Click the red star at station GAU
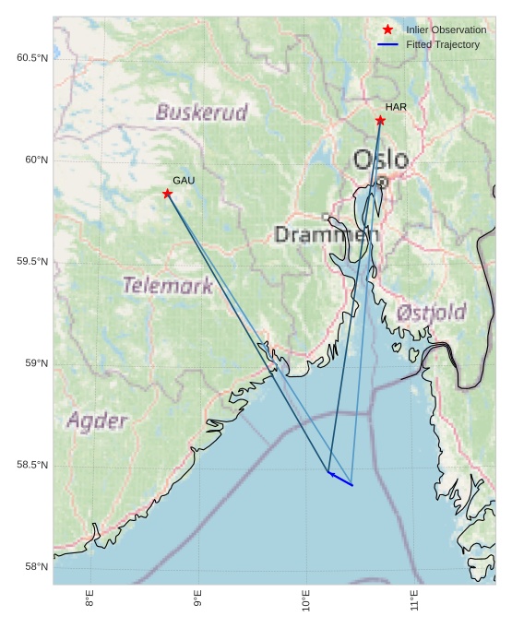click(x=167, y=194)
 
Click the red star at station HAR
click(x=380, y=121)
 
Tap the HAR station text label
click(x=396, y=108)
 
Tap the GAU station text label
click(x=184, y=181)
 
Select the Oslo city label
click(x=380, y=160)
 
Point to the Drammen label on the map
click(x=326, y=234)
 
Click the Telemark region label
click(x=168, y=286)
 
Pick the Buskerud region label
click(x=201, y=113)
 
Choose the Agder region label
click(x=97, y=421)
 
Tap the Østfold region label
click(x=431, y=313)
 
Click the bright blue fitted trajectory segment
click(x=340, y=479)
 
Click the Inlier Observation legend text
click(x=446, y=30)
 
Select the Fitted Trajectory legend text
click(x=443, y=44)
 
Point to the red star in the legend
click(x=387, y=30)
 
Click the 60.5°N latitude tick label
click(x=31, y=58)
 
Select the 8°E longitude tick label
click(x=89, y=600)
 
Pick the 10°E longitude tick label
click(x=306, y=600)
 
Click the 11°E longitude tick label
click(x=414, y=600)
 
